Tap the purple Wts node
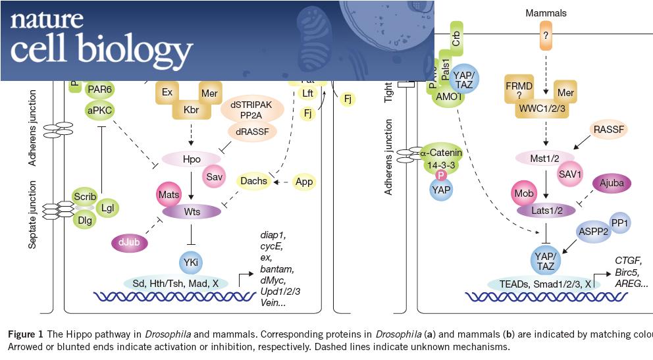pyautogui.click(x=192, y=211)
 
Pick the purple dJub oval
pyautogui.click(x=130, y=243)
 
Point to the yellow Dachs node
pyautogui.click(x=253, y=181)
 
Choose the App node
pyautogui.click(x=304, y=181)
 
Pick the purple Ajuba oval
pyautogui.click(x=612, y=184)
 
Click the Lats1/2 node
pyautogui.click(x=546, y=210)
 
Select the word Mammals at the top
pyautogui.click(x=546, y=13)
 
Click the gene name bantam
pyautogui.click(x=275, y=269)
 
